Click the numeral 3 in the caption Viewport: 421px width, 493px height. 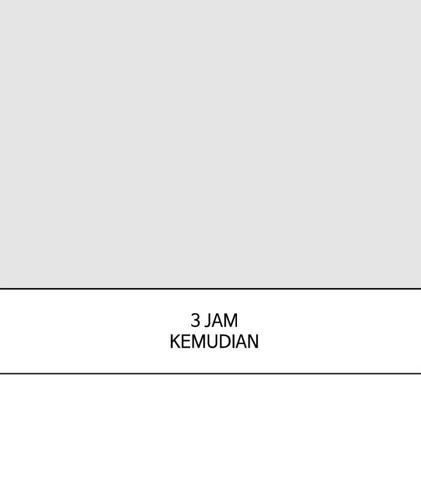(195, 320)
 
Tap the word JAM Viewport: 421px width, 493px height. (221, 320)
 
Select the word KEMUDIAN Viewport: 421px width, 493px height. (214, 341)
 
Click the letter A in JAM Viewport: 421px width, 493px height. (217, 320)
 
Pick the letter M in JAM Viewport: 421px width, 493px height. (231, 320)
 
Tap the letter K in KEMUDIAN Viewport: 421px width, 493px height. (175, 341)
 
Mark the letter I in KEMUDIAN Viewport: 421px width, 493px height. (237, 341)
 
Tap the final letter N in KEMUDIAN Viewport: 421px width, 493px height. (254, 341)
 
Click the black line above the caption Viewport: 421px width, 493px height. (210, 289)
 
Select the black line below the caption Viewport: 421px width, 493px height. (210, 373)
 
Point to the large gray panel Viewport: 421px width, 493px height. (210, 144)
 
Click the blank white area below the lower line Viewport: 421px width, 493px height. (210, 433)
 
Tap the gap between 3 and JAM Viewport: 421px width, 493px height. (202, 320)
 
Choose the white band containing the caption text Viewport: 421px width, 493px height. (210, 331)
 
